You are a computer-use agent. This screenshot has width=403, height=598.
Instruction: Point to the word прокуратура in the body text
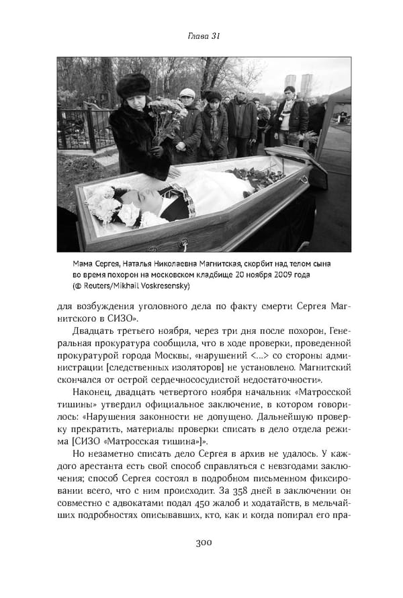[105, 340]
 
